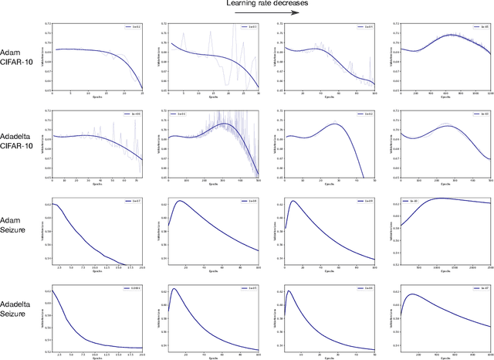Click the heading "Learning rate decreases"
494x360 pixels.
(x=268, y=4)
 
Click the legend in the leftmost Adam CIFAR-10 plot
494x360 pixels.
(x=132, y=27)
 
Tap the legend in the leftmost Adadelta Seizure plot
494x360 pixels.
(x=130, y=289)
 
